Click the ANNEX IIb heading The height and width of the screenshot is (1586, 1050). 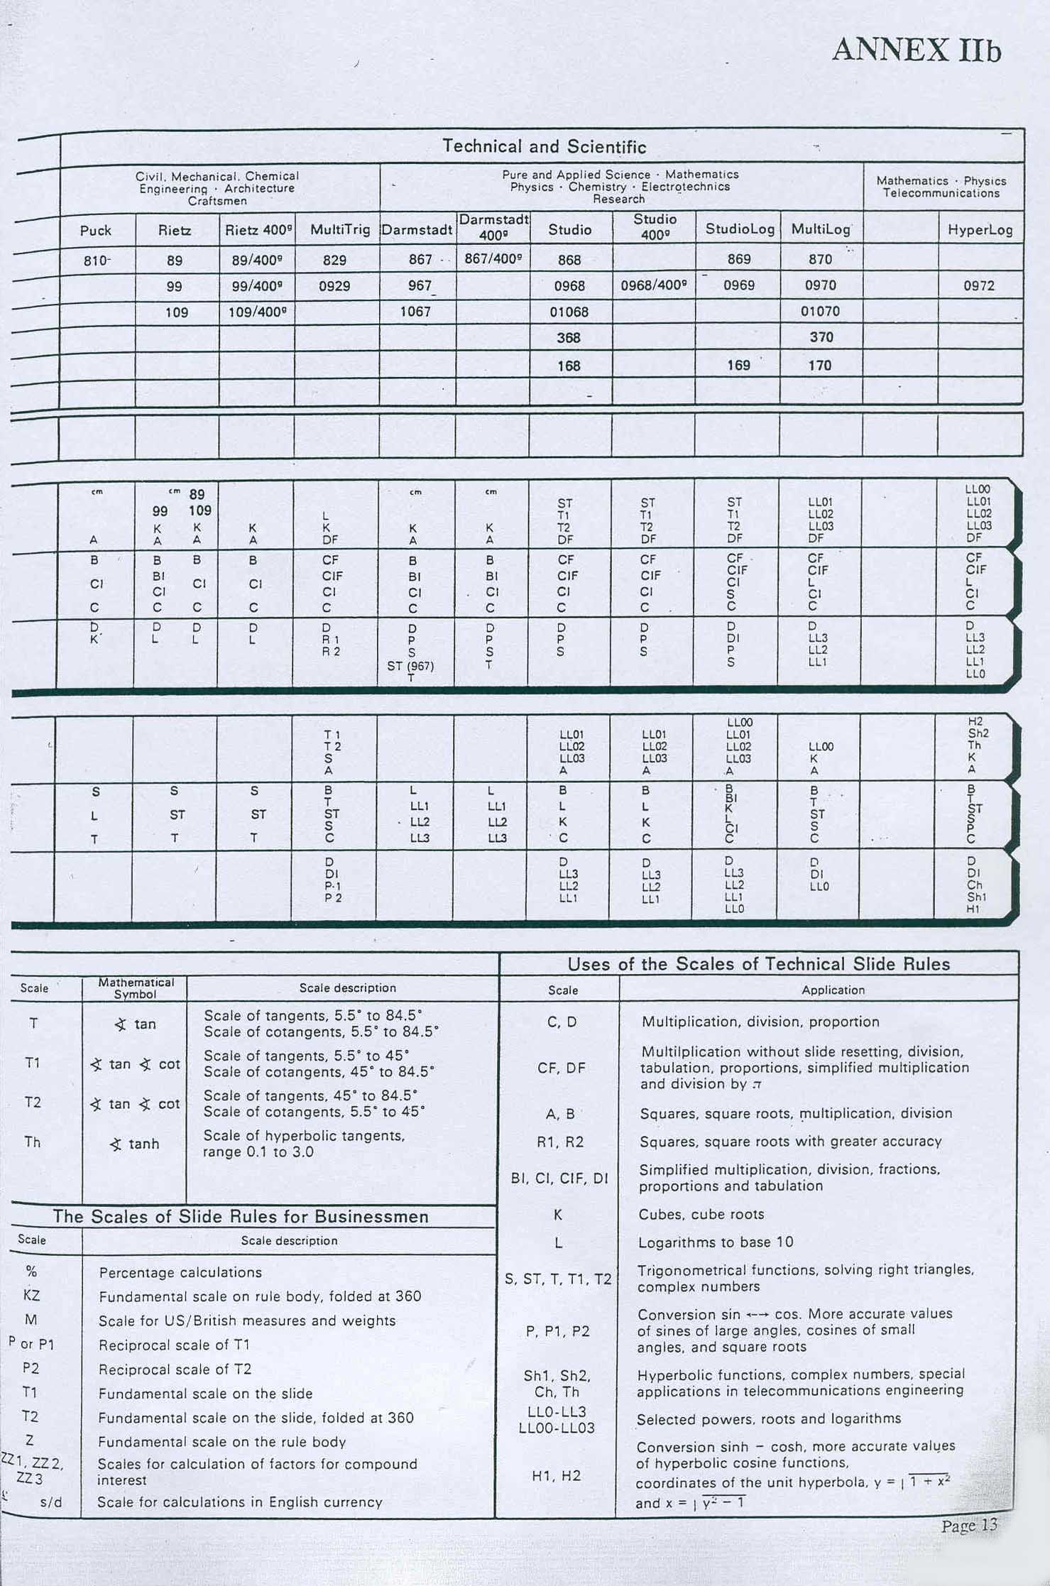916,50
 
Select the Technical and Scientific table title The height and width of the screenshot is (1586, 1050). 544,147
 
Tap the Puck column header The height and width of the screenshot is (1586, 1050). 96,230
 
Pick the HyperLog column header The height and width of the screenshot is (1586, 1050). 980,230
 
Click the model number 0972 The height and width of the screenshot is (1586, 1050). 979,286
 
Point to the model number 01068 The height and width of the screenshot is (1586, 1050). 569,312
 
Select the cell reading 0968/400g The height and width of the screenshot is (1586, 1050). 654,285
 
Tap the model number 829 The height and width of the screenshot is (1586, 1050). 334,260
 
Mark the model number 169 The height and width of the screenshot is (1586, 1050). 738,365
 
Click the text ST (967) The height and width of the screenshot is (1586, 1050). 410,666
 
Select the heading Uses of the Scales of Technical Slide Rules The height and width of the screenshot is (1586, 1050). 758,964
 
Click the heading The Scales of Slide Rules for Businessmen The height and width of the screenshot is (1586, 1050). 241,1216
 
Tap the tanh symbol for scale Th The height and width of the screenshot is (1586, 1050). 136,1144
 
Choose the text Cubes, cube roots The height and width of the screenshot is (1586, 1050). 701,1214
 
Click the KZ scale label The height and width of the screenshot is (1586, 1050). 32,1295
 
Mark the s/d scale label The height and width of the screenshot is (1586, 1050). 52,1502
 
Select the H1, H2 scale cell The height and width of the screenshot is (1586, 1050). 557,1476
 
